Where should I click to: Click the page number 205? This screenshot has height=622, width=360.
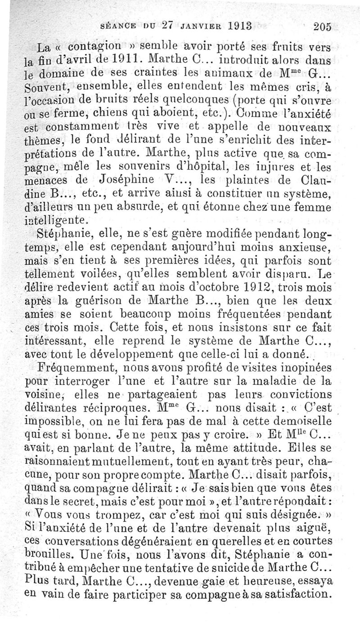tap(323, 26)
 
